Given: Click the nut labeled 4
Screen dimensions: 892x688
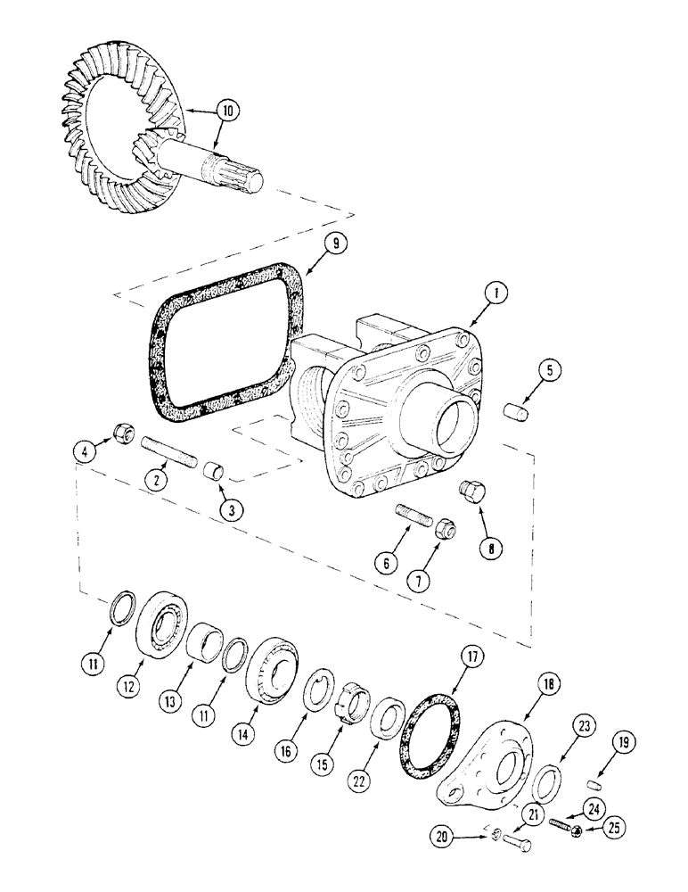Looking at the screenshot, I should click(120, 437).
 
